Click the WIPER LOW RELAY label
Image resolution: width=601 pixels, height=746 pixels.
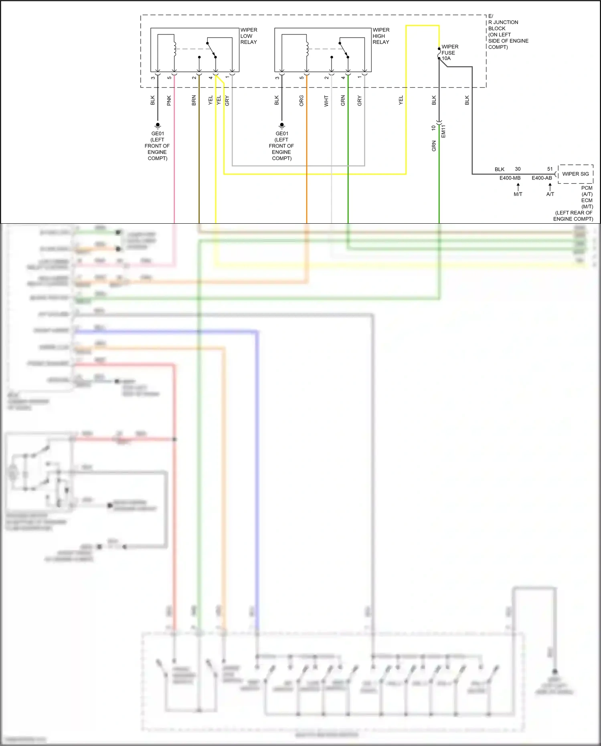coord(249,36)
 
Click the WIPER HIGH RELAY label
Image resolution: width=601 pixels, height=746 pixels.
coord(381,36)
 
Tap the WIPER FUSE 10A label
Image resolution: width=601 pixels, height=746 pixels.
coord(449,53)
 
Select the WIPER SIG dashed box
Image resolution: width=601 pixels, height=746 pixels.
coord(575,174)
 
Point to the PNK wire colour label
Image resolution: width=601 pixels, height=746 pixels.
coord(169,100)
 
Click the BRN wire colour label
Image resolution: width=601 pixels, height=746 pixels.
coord(194,100)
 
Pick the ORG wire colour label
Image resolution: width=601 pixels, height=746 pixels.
coord(302,101)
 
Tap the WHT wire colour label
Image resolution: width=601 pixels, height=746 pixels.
coord(326,101)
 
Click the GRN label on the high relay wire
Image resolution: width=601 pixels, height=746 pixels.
coord(343,101)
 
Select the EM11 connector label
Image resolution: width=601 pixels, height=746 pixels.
coord(443,131)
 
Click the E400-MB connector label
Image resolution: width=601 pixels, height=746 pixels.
coord(510,178)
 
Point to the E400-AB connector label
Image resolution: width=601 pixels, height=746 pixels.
coord(542,178)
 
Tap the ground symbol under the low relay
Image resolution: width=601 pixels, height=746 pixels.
coord(158,125)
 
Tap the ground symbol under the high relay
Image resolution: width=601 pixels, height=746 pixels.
coord(282,125)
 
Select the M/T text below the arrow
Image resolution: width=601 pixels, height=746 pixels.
coord(518,194)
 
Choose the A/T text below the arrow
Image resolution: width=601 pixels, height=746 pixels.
coord(550,194)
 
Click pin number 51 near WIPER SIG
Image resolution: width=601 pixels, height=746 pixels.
coord(550,169)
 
